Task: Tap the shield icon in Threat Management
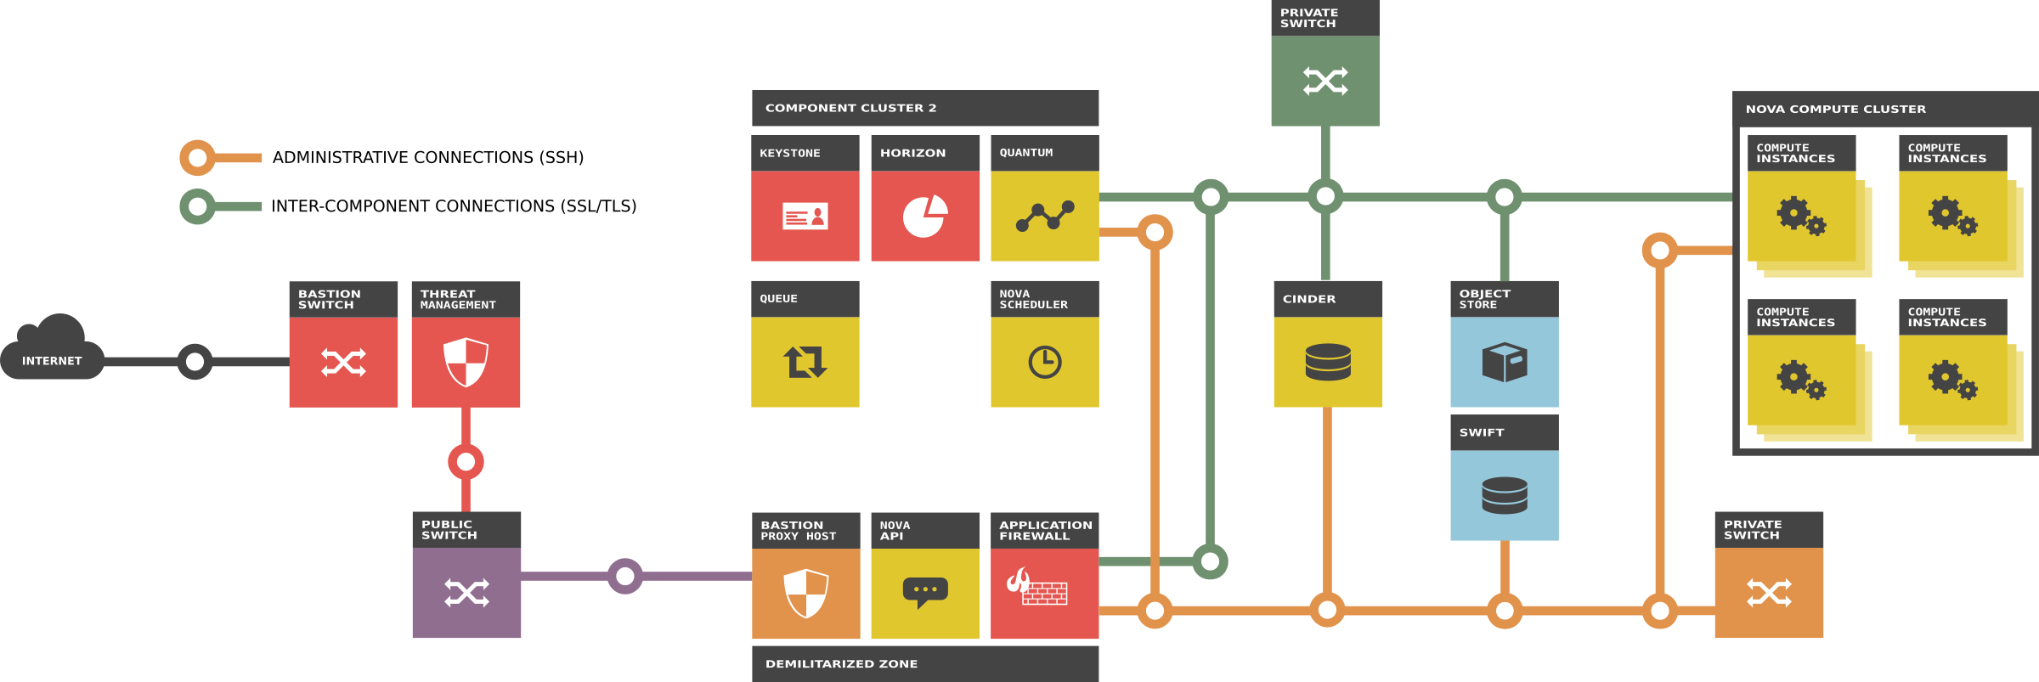(x=466, y=363)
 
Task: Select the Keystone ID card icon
(x=805, y=217)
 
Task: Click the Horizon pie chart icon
(x=925, y=217)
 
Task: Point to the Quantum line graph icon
(x=1045, y=217)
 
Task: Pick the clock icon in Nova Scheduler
(x=1045, y=363)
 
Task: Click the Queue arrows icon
(x=805, y=363)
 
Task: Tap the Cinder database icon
(x=1328, y=363)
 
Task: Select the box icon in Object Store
(x=1505, y=363)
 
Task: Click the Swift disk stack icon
(x=1505, y=495)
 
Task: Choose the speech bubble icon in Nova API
(x=925, y=592)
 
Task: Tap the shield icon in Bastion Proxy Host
(x=805, y=593)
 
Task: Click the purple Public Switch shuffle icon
(x=466, y=593)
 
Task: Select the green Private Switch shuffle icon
(x=1325, y=82)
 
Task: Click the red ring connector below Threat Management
(x=466, y=462)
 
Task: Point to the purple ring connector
(x=624, y=577)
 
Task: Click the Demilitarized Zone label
(x=841, y=664)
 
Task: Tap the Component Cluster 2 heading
(x=850, y=108)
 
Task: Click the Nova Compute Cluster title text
(x=1835, y=109)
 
